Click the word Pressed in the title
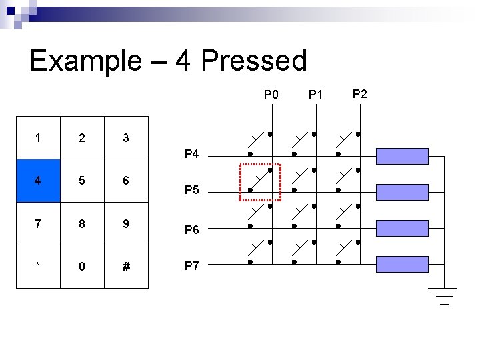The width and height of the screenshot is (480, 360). point(253,61)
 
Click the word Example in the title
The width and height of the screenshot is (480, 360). point(85,61)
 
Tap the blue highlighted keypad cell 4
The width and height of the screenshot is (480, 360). point(38,181)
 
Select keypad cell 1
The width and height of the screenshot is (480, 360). point(38,138)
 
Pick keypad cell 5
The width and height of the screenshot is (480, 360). point(82,181)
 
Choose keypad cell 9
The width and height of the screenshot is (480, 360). point(126,223)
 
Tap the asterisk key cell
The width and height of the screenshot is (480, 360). point(38,266)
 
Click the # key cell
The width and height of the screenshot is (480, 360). point(126,266)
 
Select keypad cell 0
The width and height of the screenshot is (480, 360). point(82,266)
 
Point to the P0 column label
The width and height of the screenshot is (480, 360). point(271,95)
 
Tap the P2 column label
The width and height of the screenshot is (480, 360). point(359,93)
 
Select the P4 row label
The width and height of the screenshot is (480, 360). point(191,155)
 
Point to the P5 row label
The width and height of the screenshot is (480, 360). point(191,191)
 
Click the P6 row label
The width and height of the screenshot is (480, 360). point(191,230)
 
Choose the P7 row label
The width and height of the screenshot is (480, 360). point(191,266)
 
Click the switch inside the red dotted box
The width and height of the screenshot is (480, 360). point(259,181)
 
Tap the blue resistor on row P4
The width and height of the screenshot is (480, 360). point(402,156)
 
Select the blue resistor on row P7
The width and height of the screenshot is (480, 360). point(402,265)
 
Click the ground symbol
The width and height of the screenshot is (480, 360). point(442,295)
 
